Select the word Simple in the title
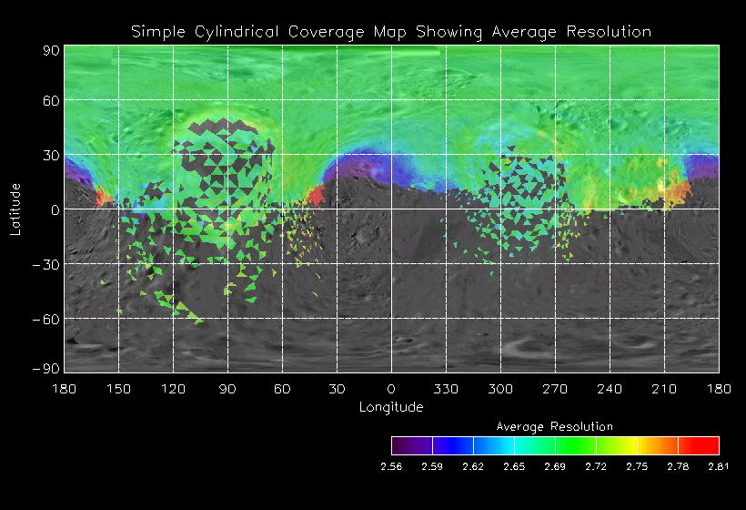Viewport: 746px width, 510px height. (x=155, y=32)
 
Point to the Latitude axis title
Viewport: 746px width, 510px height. (x=15, y=209)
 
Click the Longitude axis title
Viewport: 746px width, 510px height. (x=391, y=407)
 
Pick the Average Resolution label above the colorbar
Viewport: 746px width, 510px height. (x=554, y=426)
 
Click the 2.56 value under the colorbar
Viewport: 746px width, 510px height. (x=391, y=466)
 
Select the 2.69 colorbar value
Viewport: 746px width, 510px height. (x=555, y=466)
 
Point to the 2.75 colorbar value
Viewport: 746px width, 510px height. (x=637, y=466)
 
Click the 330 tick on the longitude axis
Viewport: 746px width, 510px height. (x=446, y=388)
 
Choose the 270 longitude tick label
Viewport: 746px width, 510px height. (x=555, y=388)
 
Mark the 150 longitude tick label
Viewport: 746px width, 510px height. (x=118, y=388)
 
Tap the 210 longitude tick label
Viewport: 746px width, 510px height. (x=664, y=388)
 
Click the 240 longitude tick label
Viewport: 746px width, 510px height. (x=610, y=388)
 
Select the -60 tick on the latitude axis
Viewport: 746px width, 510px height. (x=47, y=319)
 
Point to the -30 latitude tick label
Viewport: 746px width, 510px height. (x=47, y=264)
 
